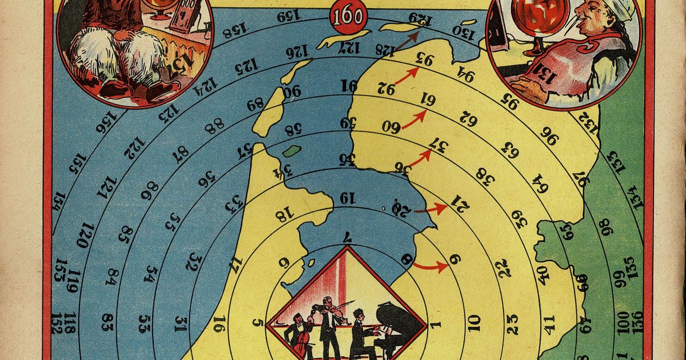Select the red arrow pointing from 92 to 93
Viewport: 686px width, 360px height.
(x=406, y=77)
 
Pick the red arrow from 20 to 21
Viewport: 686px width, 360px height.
(x=431, y=209)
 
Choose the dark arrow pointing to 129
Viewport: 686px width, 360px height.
(x=405, y=40)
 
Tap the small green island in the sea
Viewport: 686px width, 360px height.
(x=292, y=151)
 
